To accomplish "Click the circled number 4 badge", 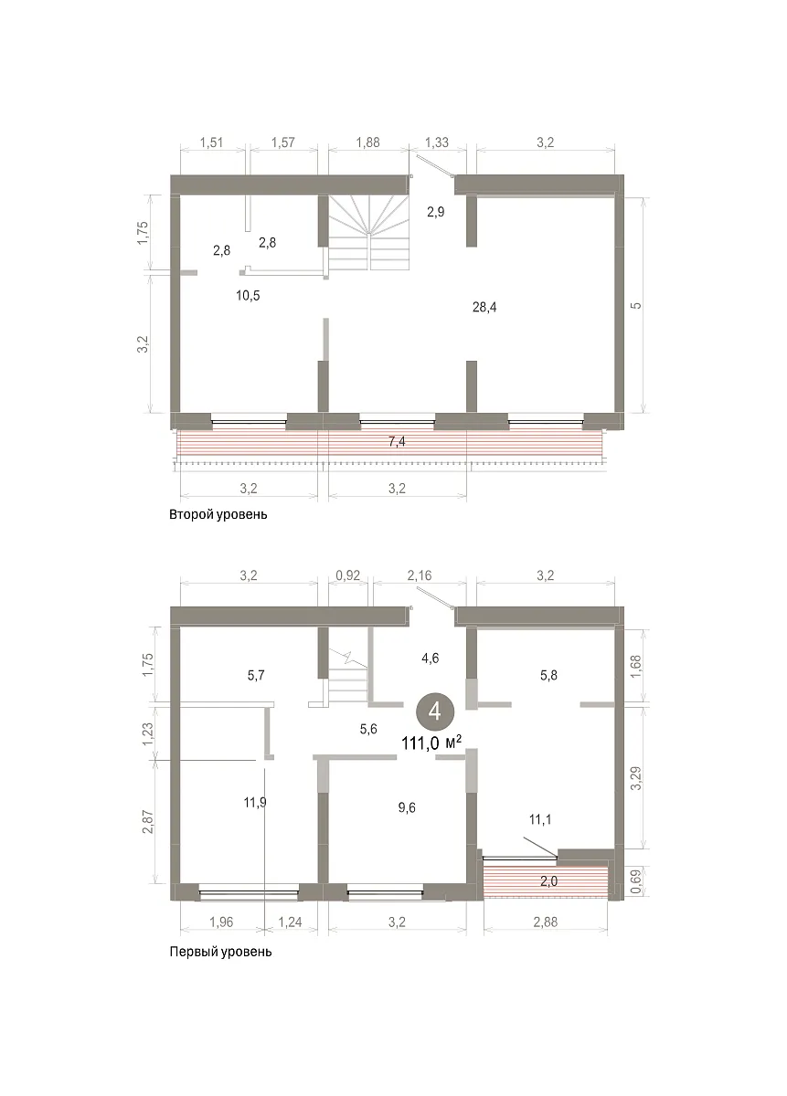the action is pos(435,711).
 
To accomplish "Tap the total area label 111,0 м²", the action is pos(431,743).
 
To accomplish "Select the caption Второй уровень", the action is pos(218,515).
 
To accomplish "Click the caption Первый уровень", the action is pos(220,952).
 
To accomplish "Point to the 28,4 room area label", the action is pos(484,307).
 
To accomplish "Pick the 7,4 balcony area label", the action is pos(397,442).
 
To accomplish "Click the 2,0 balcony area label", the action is pos(548,881).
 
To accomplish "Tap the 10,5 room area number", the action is pos(248,296).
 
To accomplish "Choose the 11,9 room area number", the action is pos(255,803).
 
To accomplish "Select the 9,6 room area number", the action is pos(407,807).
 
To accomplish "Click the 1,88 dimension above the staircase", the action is pos(367,142).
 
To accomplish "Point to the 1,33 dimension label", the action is pos(436,142).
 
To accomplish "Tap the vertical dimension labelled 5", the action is pos(636,306).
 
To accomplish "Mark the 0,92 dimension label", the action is pos(347,575).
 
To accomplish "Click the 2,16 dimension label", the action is pos(420,575).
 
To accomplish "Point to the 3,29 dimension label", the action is pos(635,778).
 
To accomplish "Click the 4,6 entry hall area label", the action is pos(430,659).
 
